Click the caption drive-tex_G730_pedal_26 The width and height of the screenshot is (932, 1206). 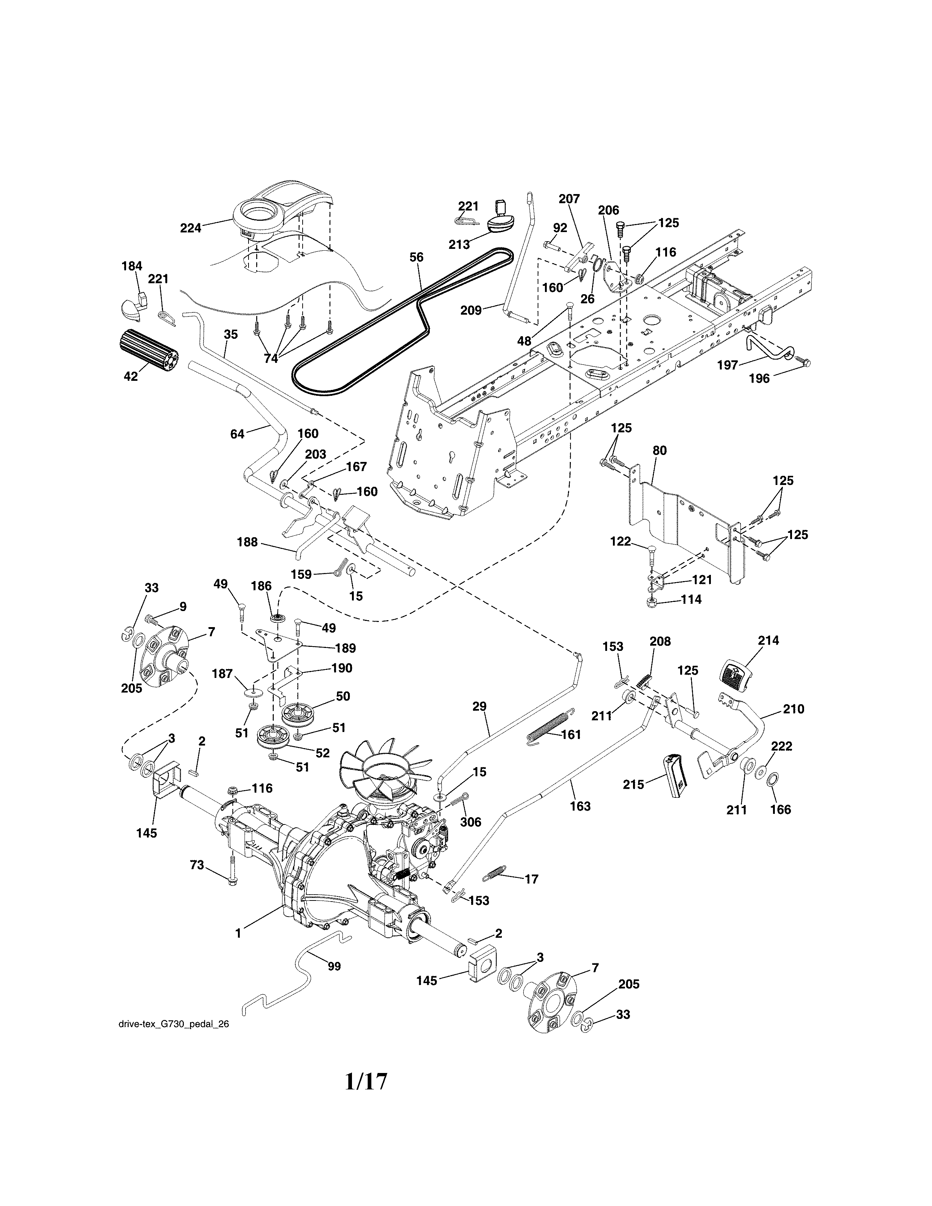(173, 1023)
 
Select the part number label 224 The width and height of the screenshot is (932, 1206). (190, 228)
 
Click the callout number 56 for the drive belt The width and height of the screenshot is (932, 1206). (417, 257)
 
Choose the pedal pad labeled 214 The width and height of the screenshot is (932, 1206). (736, 675)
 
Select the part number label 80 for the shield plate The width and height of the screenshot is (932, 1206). (659, 451)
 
